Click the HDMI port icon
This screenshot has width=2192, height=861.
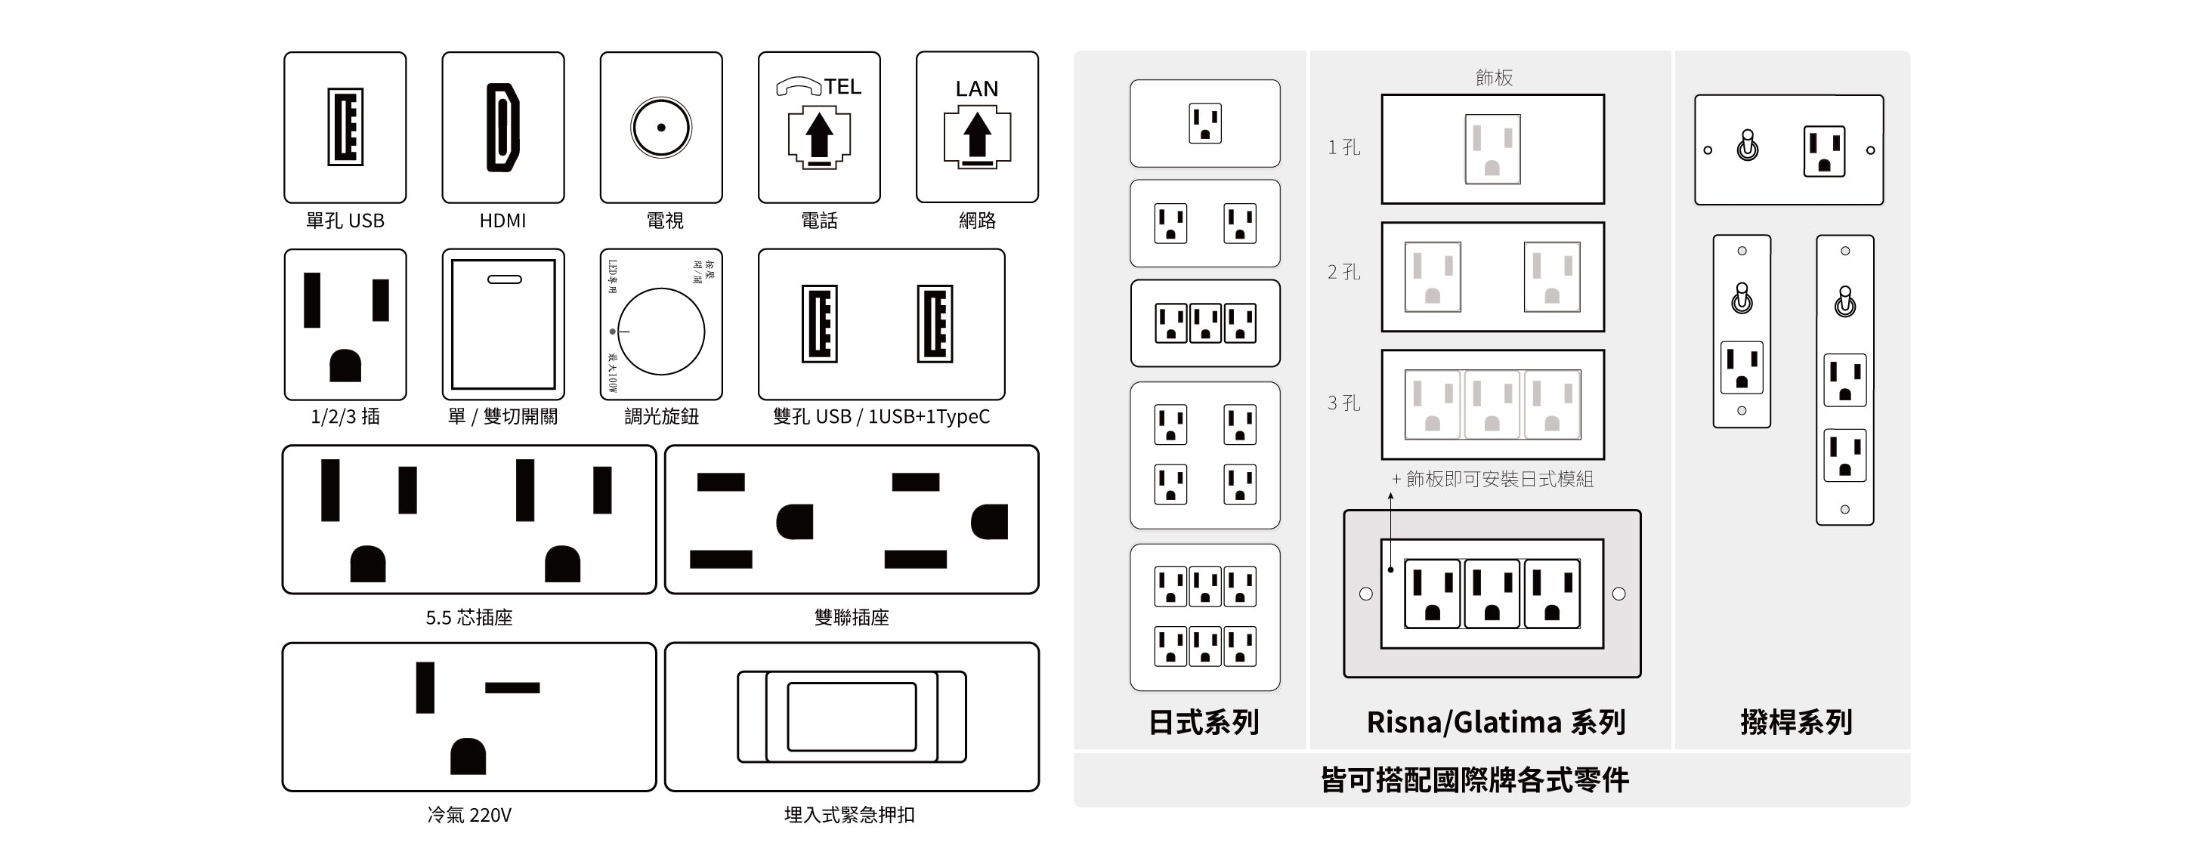click(503, 128)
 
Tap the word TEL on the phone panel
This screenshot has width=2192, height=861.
click(842, 87)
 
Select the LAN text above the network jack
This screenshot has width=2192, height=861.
click(976, 88)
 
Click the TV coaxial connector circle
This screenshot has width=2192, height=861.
click(661, 128)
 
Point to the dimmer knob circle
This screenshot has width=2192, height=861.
click(661, 331)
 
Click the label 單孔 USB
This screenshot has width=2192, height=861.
click(345, 221)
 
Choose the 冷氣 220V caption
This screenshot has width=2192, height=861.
click(469, 815)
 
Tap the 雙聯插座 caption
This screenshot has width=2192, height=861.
click(851, 617)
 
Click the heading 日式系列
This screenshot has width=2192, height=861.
click(1203, 722)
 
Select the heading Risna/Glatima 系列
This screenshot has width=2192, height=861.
click(1495, 722)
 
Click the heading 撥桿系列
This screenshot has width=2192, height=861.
click(1795, 722)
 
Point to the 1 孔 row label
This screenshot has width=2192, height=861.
click(1343, 147)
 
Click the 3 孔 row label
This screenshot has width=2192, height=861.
click(1343, 403)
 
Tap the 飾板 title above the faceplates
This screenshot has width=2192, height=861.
click(1493, 78)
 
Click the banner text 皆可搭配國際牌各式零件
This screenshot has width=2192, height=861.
click(1474, 779)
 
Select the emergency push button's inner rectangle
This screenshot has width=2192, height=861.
click(851, 716)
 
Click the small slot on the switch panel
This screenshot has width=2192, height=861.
click(504, 279)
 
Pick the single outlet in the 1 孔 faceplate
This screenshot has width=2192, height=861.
click(1492, 149)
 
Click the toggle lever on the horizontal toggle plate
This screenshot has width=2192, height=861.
click(1747, 146)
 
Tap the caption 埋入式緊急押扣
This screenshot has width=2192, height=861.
click(849, 815)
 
